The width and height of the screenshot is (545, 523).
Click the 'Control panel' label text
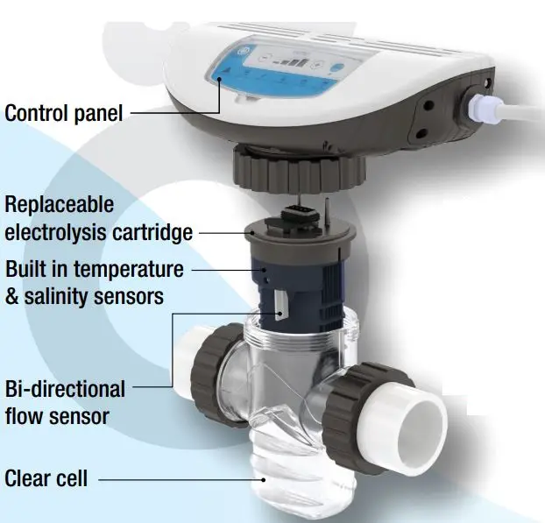[63, 113]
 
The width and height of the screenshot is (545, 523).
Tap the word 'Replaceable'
[60, 205]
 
